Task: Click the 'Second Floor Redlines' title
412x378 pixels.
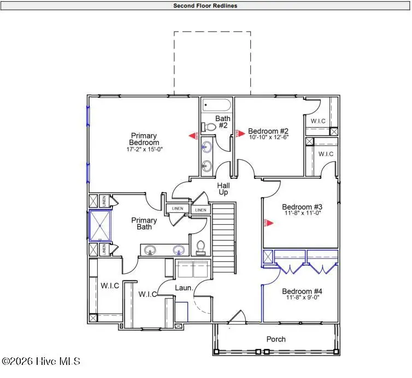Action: (x=205, y=6)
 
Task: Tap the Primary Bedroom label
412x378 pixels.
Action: (x=144, y=139)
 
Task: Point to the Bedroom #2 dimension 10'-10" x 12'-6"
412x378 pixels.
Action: (x=268, y=137)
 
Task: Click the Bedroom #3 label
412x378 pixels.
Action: (x=302, y=207)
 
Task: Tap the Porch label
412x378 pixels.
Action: (x=276, y=339)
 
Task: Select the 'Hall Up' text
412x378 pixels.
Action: (x=223, y=189)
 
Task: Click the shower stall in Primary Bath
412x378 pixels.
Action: (x=99, y=226)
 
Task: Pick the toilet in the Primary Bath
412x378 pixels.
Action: (x=200, y=248)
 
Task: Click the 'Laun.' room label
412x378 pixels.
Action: (x=182, y=287)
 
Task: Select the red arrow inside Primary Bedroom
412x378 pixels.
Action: (x=192, y=136)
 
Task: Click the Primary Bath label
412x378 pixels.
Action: (x=144, y=224)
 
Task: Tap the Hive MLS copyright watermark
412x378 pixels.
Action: (x=41, y=361)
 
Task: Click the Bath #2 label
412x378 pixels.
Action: (x=223, y=122)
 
